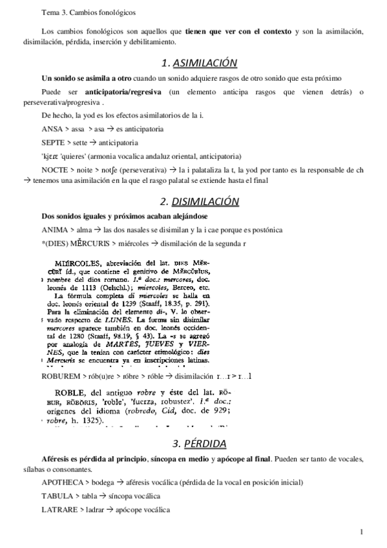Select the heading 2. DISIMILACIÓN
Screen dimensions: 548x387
(x=199, y=201)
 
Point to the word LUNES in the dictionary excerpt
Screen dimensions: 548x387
(x=125, y=319)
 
